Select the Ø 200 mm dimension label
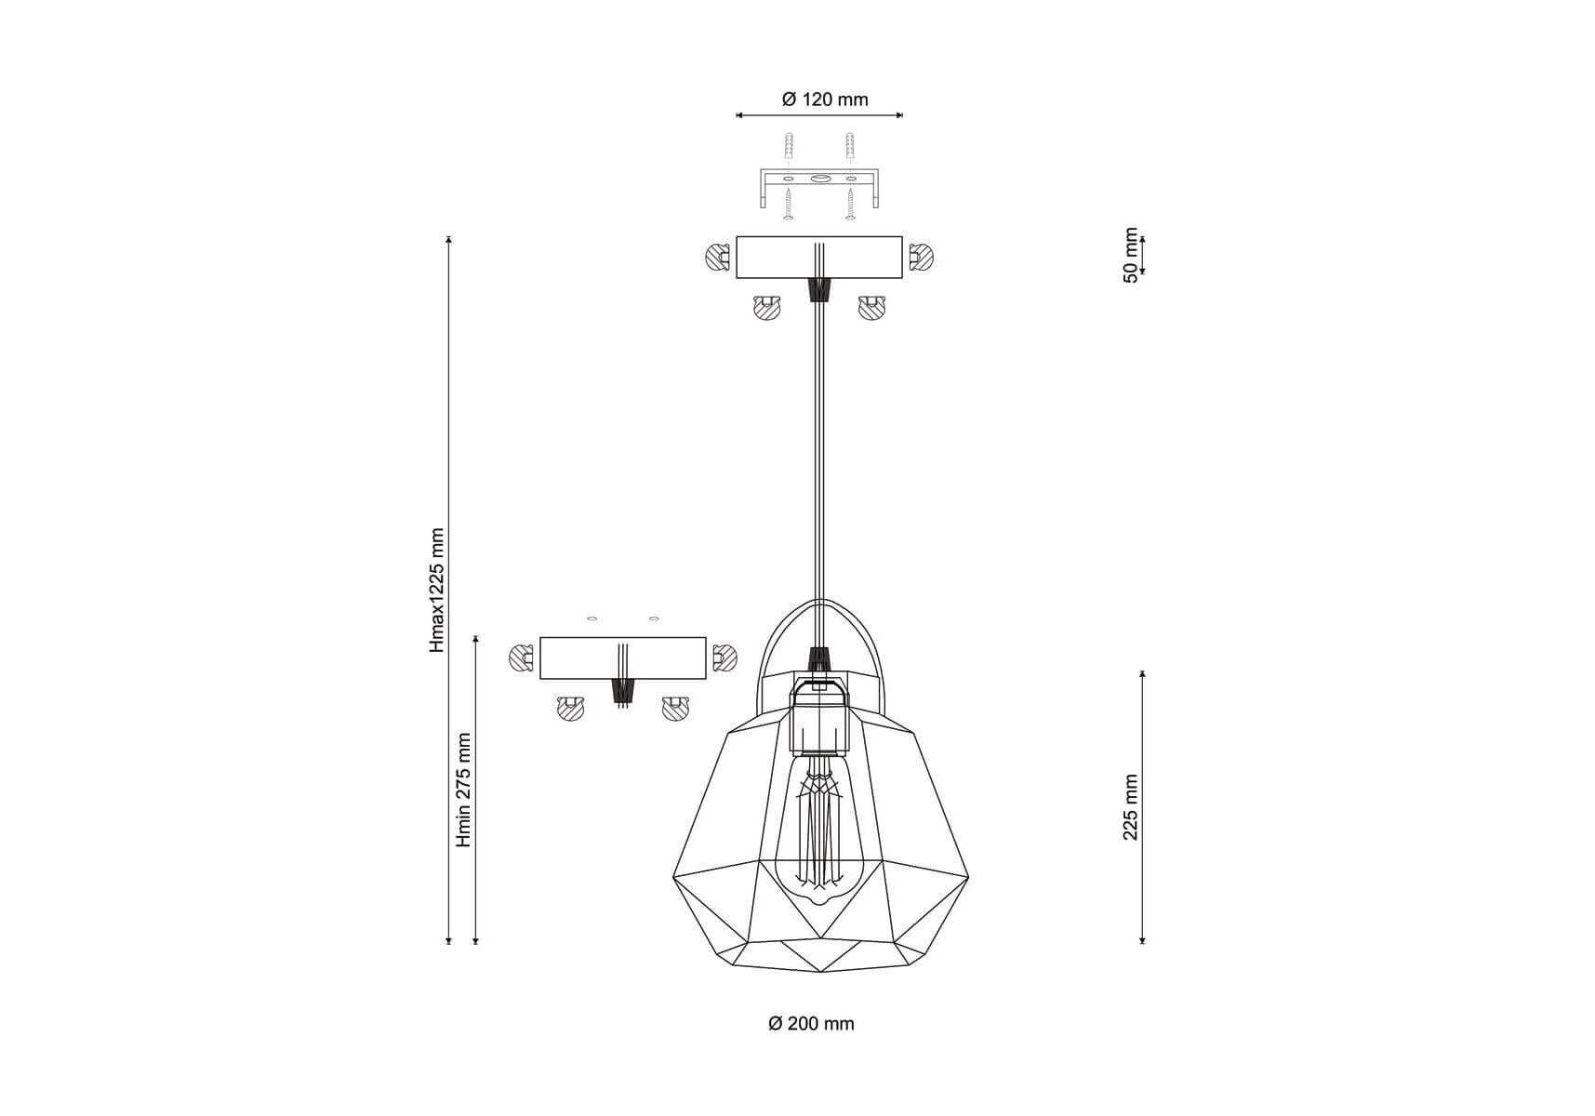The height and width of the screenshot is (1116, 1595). click(811, 1024)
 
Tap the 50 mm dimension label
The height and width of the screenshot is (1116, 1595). click(1131, 255)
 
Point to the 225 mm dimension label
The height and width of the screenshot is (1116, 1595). click(1131, 807)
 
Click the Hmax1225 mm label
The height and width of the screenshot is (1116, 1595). click(437, 591)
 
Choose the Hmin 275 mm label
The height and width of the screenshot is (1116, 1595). click(464, 790)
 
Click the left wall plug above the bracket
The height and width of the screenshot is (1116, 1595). click(789, 146)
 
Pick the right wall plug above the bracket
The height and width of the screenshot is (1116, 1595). click(849, 146)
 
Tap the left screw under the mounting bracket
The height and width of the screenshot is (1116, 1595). click(789, 204)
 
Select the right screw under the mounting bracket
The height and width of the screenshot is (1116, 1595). click(849, 204)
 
